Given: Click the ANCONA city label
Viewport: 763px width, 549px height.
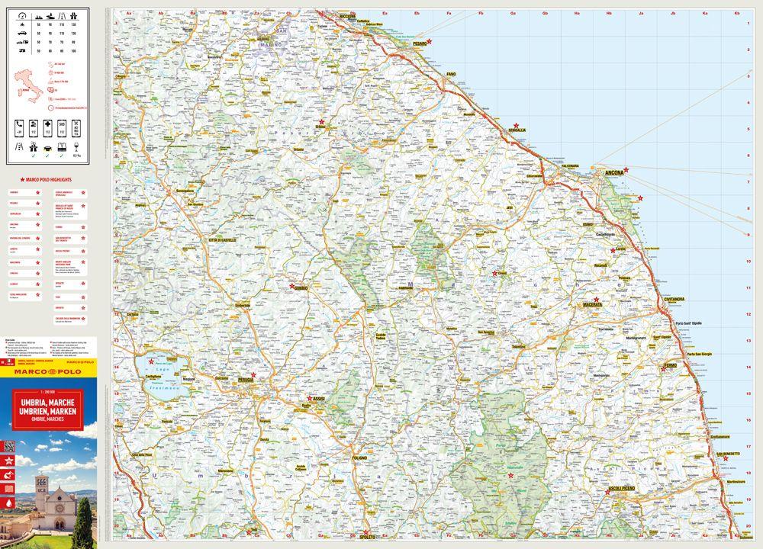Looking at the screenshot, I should point(613,173).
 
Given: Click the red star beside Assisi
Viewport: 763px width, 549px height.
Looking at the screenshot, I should point(310,398).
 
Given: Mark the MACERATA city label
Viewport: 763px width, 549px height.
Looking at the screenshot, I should point(592,305).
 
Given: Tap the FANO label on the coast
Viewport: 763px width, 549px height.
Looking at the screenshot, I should point(451,74).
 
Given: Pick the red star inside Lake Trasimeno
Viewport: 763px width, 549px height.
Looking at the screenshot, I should point(151,361).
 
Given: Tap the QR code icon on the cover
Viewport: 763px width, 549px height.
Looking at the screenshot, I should point(10,446).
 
